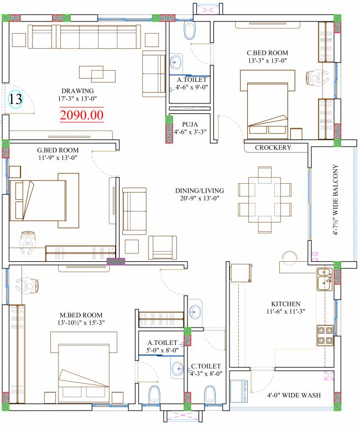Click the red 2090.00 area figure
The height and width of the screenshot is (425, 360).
pos(81,115)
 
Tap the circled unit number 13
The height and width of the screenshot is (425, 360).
pos(15,99)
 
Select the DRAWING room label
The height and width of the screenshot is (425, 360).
pos(77,91)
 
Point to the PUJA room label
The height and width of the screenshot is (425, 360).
pos(190,125)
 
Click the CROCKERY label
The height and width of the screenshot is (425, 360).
pos(273,147)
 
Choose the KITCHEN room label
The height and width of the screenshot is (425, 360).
pos(286,304)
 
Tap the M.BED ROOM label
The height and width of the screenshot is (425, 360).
pos(81,315)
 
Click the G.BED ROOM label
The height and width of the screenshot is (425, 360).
pos(58,150)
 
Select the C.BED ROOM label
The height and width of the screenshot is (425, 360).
pos(267,53)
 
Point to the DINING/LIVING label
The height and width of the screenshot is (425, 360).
pos(200,190)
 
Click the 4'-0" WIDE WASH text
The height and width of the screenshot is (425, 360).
pos(294,395)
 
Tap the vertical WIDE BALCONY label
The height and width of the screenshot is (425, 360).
pos(335,200)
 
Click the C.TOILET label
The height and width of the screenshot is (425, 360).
pos(206,366)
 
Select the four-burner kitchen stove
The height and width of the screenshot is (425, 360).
pos(325,335)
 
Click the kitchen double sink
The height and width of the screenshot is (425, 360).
pos(325,279)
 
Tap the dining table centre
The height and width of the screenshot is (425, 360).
pos(265,200)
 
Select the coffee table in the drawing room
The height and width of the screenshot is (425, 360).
pos(97,74)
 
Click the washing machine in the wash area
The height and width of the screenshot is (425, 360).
pos(238,391)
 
